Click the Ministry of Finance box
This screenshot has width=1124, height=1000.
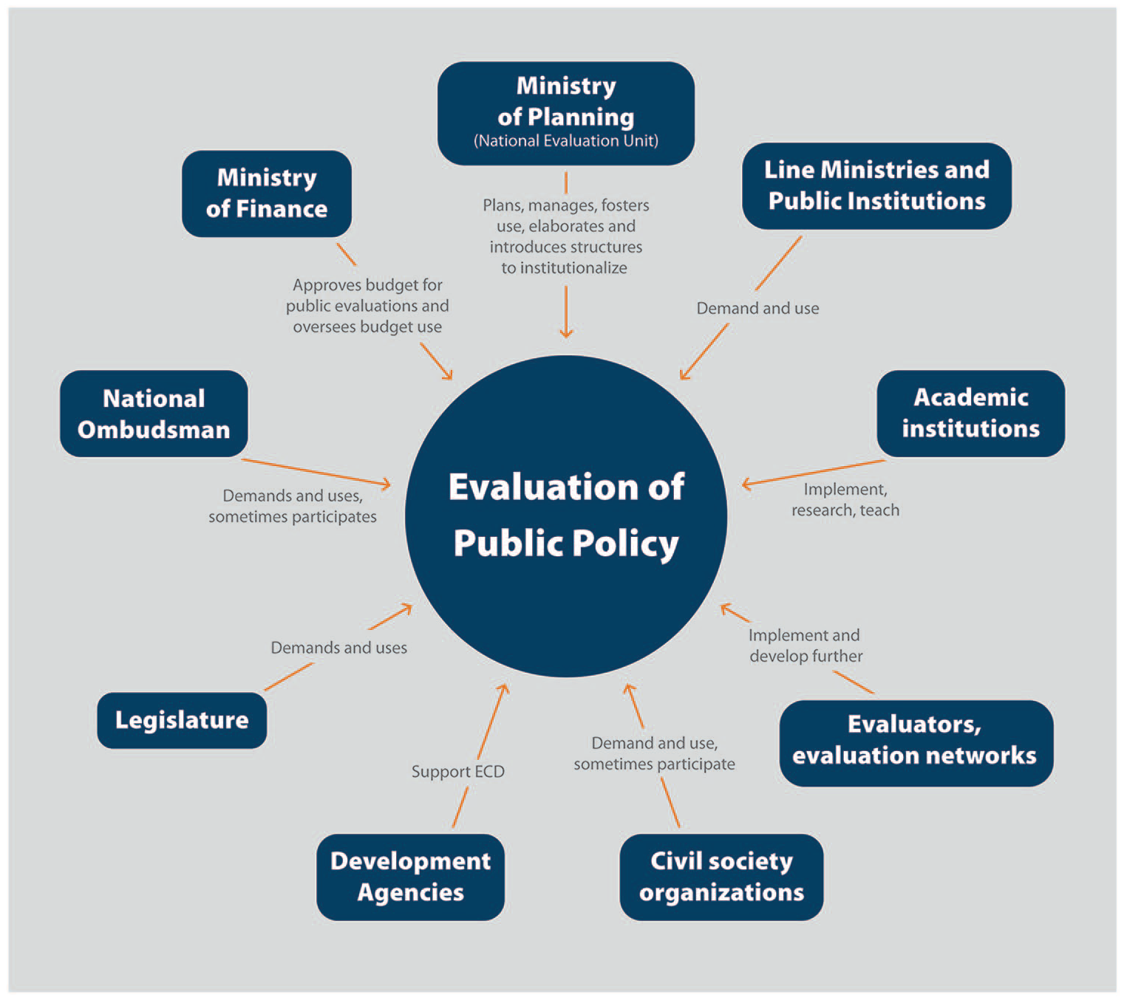point(266,194)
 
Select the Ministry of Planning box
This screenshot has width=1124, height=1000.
point(566,113)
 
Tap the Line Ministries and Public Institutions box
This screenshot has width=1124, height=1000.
point(876,186)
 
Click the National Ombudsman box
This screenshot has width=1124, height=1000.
point(154,414)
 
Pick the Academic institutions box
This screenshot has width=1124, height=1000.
point(971,414)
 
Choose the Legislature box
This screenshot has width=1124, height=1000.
point(182,721)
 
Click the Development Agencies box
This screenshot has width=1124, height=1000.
point(411,877)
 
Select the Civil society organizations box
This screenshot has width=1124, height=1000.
point(721,877)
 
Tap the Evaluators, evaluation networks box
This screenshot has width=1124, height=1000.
point(916,743)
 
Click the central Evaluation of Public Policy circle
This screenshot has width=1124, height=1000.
point(566,516)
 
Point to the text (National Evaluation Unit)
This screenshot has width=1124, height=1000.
point(566,141)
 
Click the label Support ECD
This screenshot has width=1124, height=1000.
point(457,772)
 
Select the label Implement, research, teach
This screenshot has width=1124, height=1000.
point(845,500)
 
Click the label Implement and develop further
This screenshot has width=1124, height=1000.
point(805,645)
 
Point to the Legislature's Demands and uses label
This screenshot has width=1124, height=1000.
point(339,648)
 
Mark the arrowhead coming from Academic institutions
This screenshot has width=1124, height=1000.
point(747,484)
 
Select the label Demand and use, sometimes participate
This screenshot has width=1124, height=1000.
point(655,754)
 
